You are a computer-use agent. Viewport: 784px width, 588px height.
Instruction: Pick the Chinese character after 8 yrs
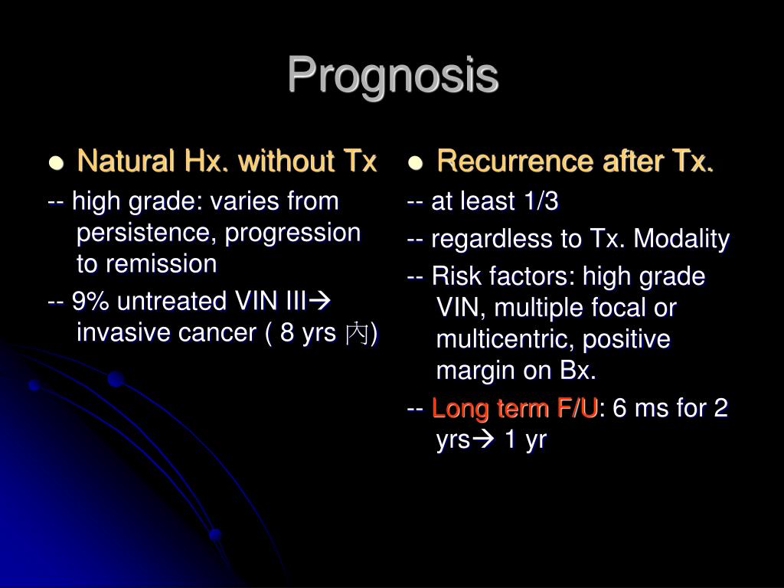pyautogui.click(x=358, y=335)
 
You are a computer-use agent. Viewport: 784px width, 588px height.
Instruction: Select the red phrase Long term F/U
pyautogui.click(x=514, y=410)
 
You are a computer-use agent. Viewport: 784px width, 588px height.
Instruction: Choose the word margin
pyautogui.click(x=476, y=371)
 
